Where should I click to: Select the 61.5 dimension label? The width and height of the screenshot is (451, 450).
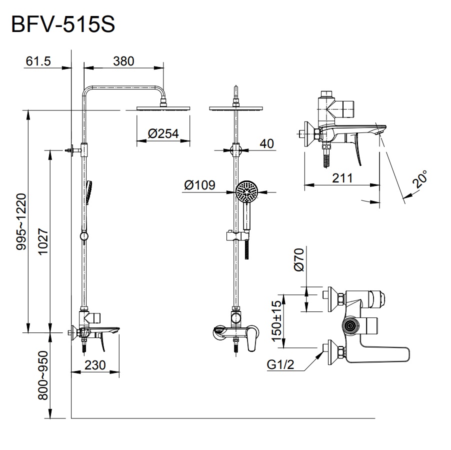(38, 61)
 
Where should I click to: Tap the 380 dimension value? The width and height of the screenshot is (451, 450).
(123, 61)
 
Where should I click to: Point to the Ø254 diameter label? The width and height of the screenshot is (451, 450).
(163, 133)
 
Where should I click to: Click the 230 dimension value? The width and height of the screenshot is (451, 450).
(95, 365)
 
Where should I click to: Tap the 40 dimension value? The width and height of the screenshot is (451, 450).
(267, 143)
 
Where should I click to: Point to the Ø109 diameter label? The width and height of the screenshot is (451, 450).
(199, 185)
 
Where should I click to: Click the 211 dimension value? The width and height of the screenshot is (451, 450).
(342, 177)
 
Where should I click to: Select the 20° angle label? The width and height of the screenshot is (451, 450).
(420, 179)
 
